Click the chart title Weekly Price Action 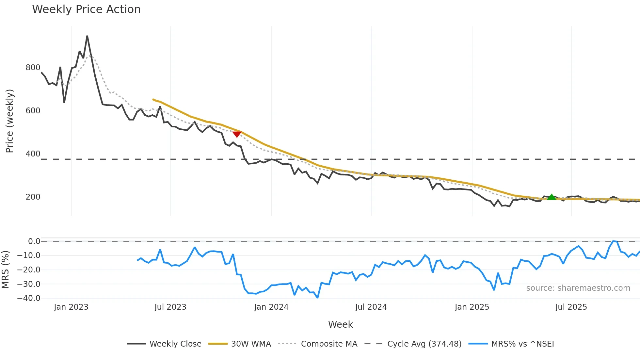86,9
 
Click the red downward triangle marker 237,134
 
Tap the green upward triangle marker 552,197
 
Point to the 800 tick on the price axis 33,68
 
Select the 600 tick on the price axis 33,111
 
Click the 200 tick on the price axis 33,197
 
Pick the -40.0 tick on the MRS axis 29,298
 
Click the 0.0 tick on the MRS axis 34,241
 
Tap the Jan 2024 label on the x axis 271,307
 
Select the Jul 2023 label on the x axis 170,307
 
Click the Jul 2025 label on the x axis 571,307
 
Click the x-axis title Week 340,324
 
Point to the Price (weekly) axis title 9,121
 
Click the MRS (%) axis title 5,270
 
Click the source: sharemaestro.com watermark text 578,288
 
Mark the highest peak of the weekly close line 87,36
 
